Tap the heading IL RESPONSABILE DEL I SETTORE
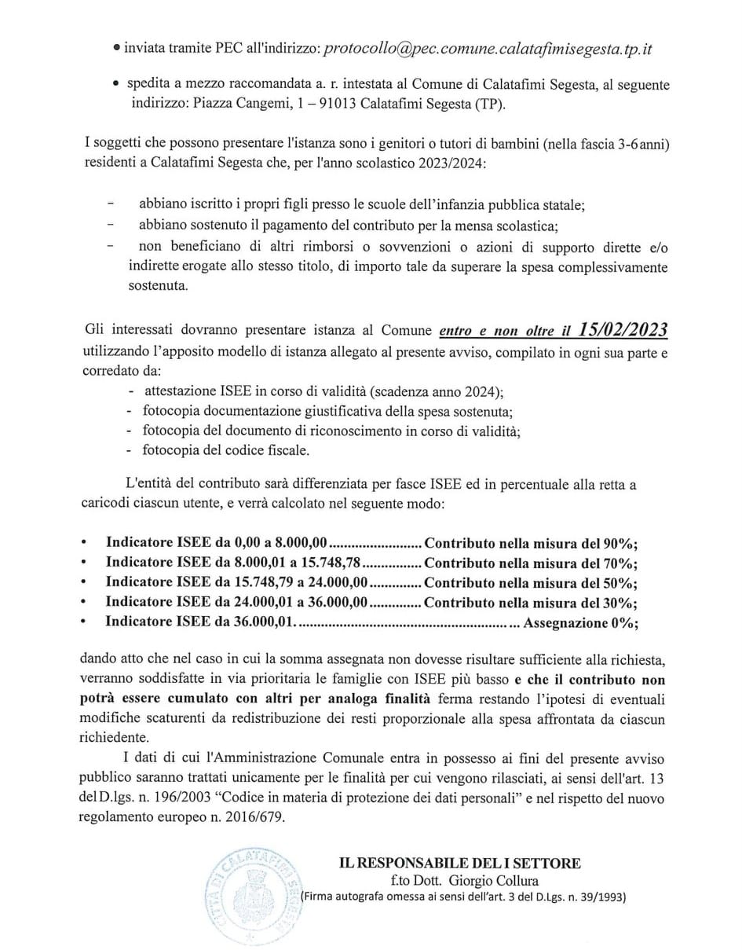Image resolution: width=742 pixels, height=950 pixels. [x=460, y=863]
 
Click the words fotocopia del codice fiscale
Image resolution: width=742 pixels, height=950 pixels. [x=225, y=452]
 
